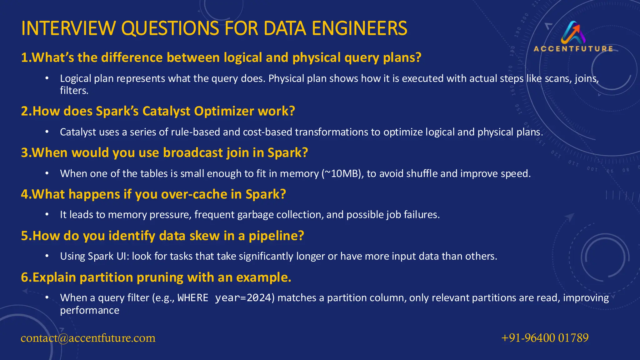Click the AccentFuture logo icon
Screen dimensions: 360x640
[573, 32]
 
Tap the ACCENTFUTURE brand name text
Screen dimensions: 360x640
[573, 49]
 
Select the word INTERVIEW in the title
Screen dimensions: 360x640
[68, 28]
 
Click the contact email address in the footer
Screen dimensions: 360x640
[88, 338]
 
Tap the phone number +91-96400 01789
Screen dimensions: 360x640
[545, 338]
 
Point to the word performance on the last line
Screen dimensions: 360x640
[90, 311]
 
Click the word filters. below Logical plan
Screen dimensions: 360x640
[74, 91]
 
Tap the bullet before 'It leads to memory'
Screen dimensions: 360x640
[47, 215]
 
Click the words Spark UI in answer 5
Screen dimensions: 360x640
[108, 257]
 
